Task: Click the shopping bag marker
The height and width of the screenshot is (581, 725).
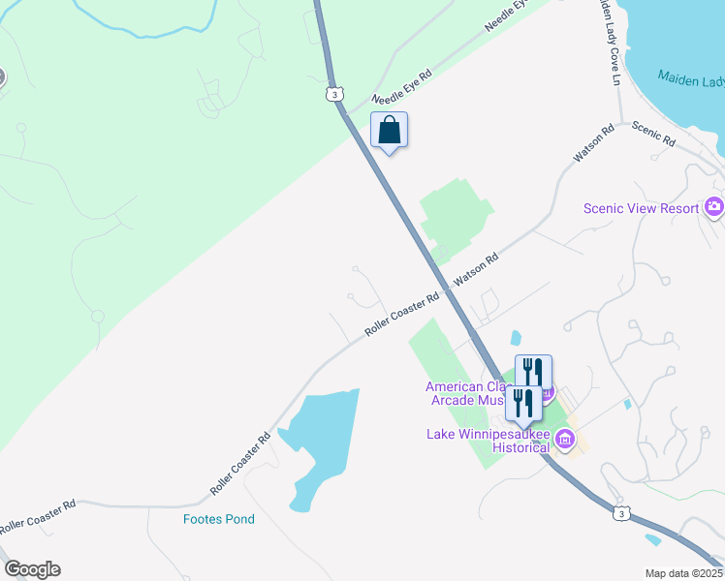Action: click(389, 130)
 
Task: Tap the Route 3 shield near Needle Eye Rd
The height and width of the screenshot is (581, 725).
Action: click(333, 94)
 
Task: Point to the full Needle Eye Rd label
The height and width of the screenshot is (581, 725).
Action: click(402, 85)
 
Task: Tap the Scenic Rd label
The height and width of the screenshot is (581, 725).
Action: click(653, 133)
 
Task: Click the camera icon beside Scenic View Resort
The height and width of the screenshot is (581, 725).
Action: click(714, 206)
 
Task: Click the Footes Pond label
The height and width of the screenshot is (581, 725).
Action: click(219, 519)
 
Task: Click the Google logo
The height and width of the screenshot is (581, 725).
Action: click(32, 569)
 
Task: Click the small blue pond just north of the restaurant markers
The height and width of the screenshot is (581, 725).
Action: click(515, 338)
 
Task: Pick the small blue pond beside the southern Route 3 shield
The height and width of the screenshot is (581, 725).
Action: click(652, 539)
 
